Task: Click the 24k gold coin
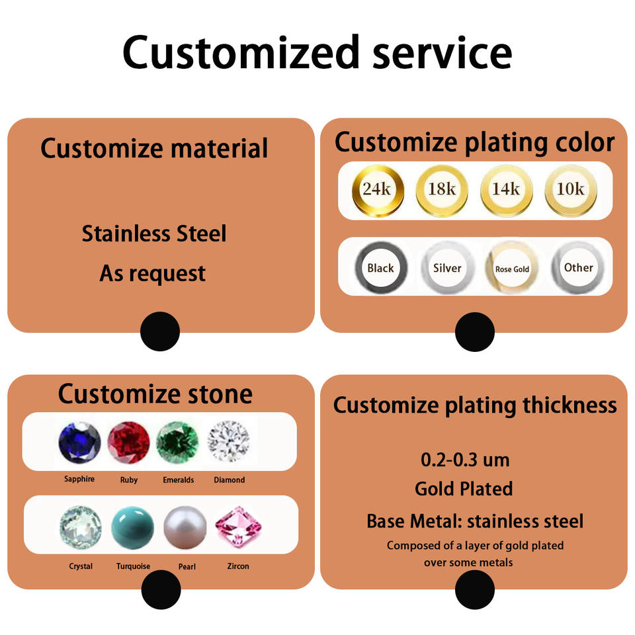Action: [377, 190]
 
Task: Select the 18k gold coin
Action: [441, 190]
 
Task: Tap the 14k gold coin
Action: [506, 190]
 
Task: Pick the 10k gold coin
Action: [570, 190]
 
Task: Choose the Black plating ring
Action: [380, 268]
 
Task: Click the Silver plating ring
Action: [447, 268]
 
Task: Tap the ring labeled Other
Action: [578, 268]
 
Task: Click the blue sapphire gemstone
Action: [79, 443]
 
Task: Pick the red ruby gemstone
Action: [128, 443]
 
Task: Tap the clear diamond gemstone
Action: [228, 442]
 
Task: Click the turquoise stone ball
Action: [133, 527]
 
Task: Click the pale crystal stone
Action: [81, 528]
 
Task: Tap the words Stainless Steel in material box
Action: [153, 233]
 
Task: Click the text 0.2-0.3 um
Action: [464, 459]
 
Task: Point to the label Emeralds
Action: [178, 480]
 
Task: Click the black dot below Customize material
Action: [160, 331]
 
